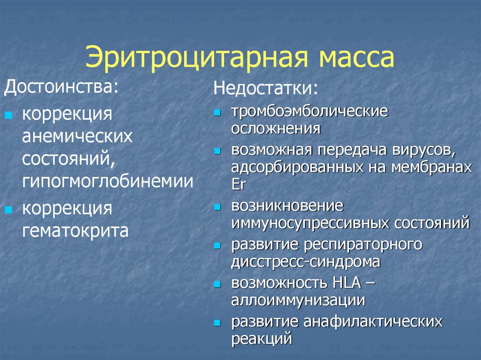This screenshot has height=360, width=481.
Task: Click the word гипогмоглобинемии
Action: [108, 181]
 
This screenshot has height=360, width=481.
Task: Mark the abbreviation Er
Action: [239, 183]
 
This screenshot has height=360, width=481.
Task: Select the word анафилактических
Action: [373, 322]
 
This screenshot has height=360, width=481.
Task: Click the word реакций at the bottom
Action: [262, 338]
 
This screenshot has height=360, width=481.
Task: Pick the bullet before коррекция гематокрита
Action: [8, 210]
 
